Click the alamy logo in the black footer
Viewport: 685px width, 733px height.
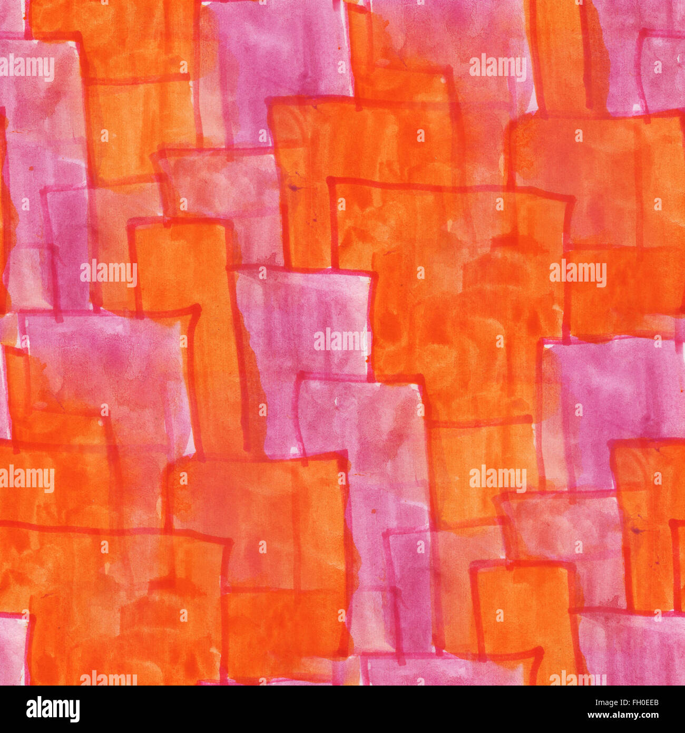(x=53, y=709)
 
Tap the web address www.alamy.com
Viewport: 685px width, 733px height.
(x=621, y=717)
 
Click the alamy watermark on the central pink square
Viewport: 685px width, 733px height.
(x=342, y=341)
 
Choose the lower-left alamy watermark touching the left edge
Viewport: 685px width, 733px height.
(x=27, y=479)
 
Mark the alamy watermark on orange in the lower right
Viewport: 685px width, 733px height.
(x=497, y=479)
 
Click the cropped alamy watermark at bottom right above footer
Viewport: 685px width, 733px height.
(x=578, y=678)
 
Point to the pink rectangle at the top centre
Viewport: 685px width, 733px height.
(x=279, y=58)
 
